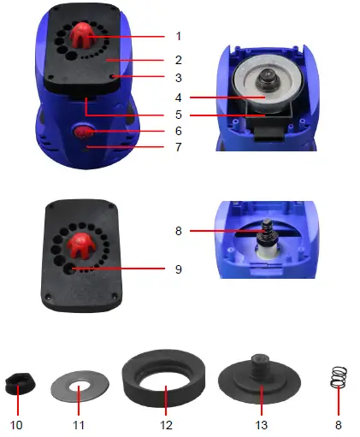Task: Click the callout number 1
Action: tap(178, 37)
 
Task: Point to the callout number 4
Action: tap(178, 96)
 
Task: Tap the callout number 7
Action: tap(178, 148)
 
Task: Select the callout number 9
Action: tap(178, 269)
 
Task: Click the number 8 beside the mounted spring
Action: tap(178, 230)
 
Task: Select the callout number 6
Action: tap(178, 131)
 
